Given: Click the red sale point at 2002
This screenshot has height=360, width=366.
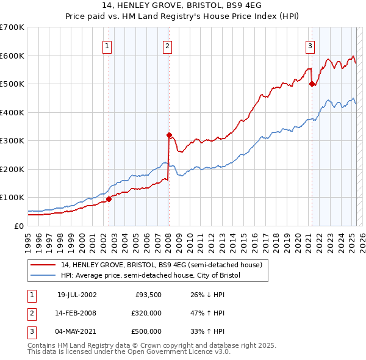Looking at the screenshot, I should coord(109,199).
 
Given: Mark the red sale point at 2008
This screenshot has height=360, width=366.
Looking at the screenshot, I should coord(169,135).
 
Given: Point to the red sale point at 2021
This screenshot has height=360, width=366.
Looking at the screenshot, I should coord(312,84).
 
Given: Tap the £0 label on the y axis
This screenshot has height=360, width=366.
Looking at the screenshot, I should coord(18,226).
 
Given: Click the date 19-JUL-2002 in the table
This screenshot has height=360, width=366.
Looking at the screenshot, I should coord(77,295).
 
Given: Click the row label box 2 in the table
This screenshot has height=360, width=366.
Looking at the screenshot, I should coord(31,313).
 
